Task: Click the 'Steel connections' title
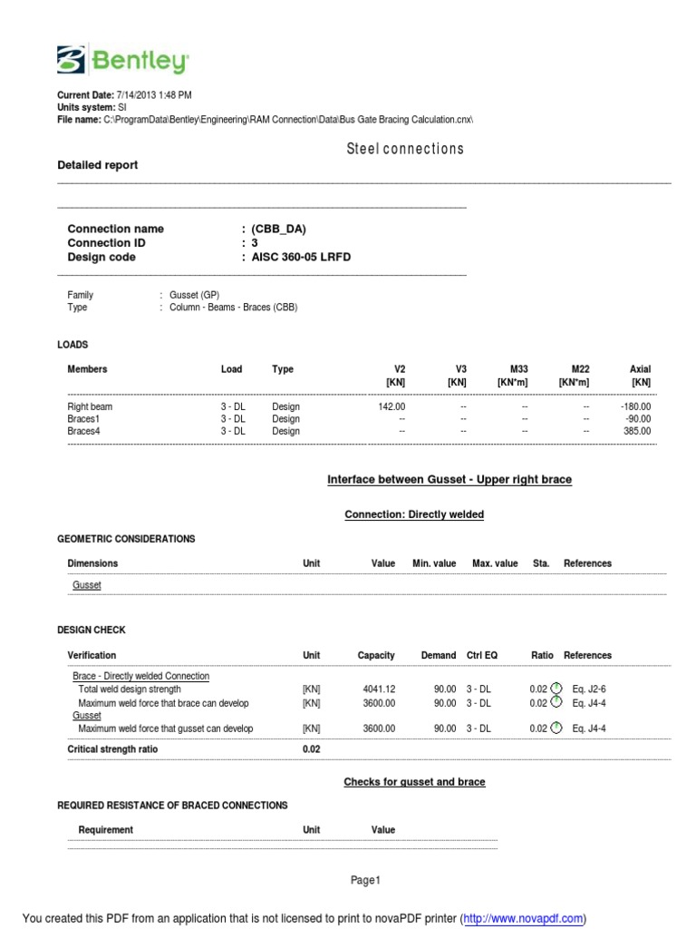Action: tap(405, 149)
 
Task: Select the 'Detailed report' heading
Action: tap(98, 165)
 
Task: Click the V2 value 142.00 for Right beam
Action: tap(391, 407)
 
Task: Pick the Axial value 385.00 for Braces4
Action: tap(637, 431)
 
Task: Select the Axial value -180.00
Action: tap(635, 407)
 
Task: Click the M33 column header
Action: tap(518, 369)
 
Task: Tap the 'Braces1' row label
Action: tap(84, 419)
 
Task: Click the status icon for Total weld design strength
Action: tap(556, 689)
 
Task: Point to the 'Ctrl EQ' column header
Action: tap(482, 655)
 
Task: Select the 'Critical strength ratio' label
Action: tap(112, 749)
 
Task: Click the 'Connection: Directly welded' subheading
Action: tap(414, 514)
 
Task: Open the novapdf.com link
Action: tap(524, 918)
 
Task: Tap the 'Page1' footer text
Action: tap(366, 880)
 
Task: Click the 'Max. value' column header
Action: tap(495, 563)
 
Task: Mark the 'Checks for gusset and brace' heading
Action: tap(414, 782)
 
